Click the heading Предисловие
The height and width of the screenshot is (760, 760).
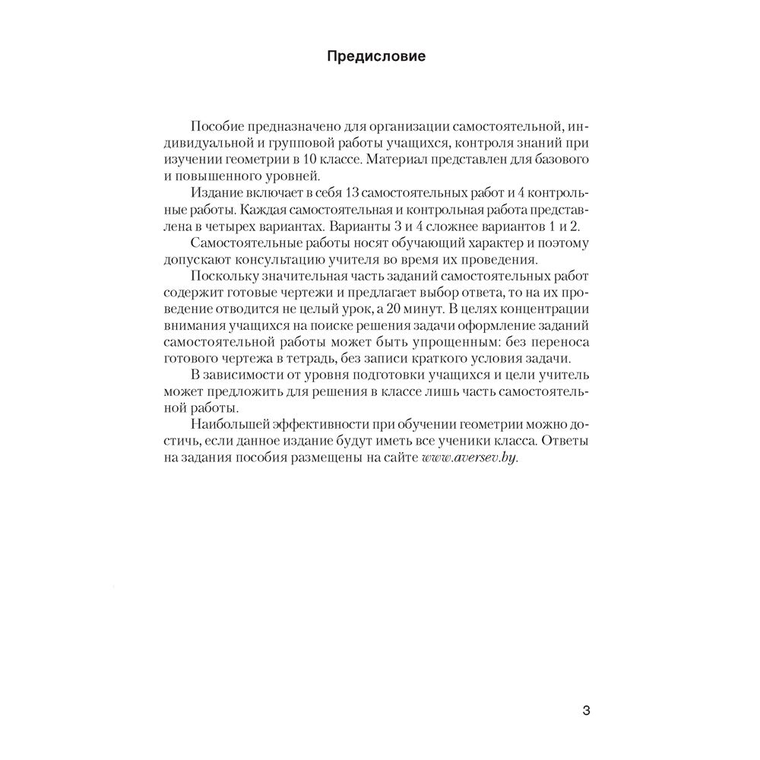click(376, 56)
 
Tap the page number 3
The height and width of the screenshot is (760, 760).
click(585, 711)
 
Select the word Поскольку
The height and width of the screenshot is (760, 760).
click(223, 277)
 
